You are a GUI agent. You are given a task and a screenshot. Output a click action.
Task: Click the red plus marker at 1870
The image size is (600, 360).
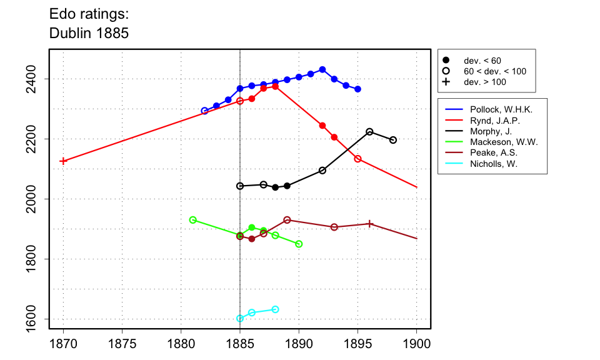click(x=63, y=161)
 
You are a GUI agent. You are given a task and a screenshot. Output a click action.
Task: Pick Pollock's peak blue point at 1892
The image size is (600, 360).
click(x=322, y=69)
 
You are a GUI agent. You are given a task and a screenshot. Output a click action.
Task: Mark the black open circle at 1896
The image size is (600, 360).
click(x=369, y=132)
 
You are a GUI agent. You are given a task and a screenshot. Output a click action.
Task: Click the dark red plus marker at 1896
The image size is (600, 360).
click(x=369, y=224)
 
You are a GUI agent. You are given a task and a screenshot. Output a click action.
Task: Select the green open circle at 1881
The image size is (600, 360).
click(x=193, y=220)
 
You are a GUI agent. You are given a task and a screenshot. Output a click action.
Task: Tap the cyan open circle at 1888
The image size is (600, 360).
click(x=275, y=309)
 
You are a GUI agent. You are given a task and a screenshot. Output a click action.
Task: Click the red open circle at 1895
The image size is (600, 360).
click(x=357, y=159)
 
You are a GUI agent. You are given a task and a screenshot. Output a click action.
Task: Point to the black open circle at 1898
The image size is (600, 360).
click(x=393, y=140)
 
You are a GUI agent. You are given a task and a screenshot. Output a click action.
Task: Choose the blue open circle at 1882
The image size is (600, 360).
click(x=204, y=111)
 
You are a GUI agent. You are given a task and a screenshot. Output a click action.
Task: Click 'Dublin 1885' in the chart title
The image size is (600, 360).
click(x=89, y=33)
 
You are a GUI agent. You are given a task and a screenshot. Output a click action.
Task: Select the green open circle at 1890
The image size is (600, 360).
click(x=299, y=244)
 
